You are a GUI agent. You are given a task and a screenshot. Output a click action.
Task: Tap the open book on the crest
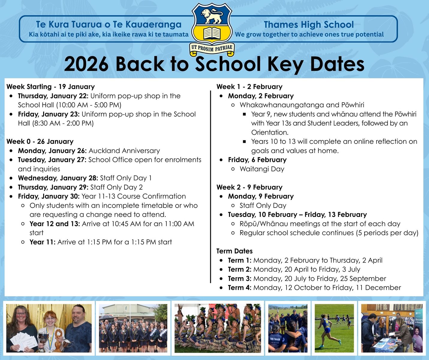212,33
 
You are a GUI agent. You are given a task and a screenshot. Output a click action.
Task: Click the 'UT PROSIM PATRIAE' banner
212,48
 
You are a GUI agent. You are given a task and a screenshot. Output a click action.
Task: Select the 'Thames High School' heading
309,25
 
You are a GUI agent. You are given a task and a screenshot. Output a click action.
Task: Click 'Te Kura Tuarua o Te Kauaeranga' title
109,25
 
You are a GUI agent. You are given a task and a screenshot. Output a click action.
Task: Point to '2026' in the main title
86,64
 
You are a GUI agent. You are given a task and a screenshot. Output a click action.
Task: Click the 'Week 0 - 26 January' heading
40,141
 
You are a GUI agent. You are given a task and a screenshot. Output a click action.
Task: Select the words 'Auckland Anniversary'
124,151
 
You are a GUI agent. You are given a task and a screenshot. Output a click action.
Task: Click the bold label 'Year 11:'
42,242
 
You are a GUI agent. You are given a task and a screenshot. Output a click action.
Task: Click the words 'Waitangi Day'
262,169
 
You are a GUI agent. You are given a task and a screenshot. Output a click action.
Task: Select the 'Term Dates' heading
234,251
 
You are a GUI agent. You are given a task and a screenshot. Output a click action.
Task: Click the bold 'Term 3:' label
240,278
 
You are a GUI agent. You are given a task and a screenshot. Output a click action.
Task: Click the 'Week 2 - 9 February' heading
249,187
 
